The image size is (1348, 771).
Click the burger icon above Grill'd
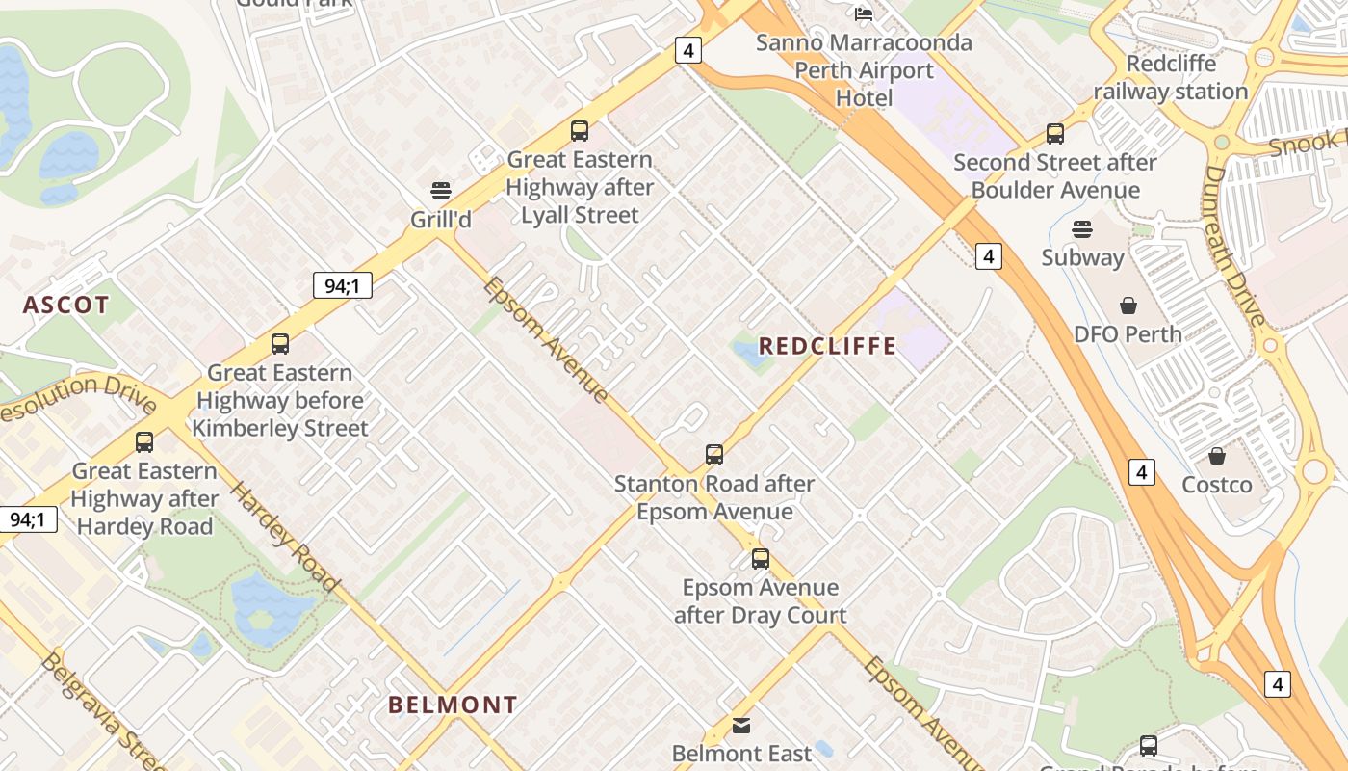441,191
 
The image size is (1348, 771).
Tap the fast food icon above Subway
1082,229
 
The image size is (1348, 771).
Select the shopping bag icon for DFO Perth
1128,306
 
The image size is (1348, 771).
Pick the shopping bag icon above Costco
1217,456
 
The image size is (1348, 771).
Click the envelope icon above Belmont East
741,725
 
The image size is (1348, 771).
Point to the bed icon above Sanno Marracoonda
864,13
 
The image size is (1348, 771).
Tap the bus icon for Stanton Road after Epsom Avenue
714,455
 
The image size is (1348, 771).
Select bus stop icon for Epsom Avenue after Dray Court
761,559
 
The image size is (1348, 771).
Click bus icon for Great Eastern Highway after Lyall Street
580,131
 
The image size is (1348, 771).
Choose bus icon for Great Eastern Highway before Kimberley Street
280,344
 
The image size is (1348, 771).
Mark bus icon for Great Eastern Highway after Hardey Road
144,442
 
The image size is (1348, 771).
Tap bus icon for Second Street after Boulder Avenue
1055,134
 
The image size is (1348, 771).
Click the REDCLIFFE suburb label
827,346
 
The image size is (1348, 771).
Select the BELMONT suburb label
453,705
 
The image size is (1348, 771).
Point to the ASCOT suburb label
66,306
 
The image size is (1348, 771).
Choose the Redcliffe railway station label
1171,77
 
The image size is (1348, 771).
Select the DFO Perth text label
1128,334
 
